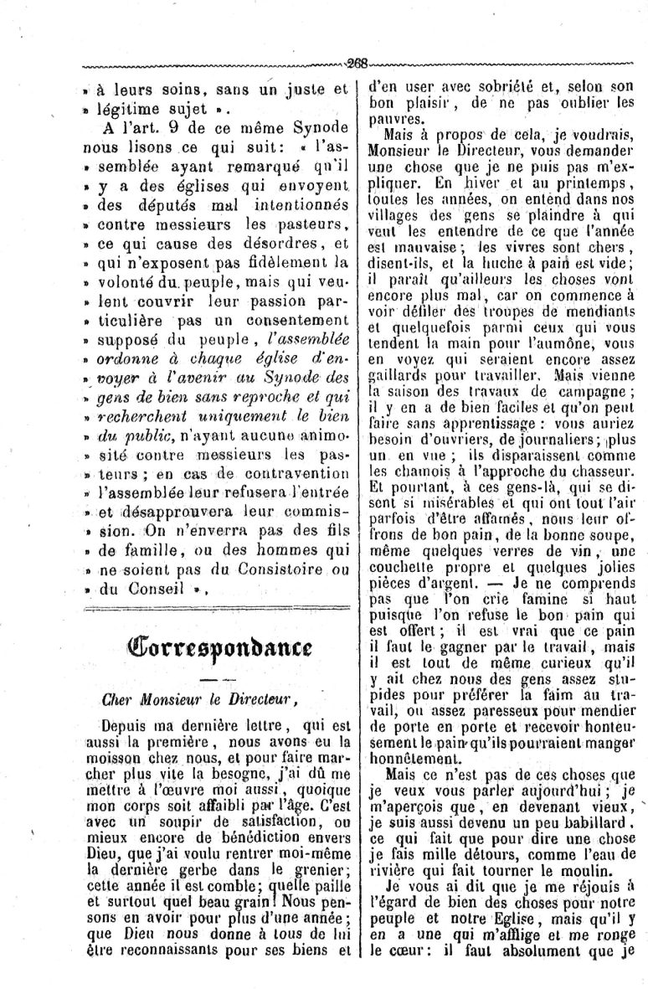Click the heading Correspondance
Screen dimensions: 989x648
click(x=220, y=645)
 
